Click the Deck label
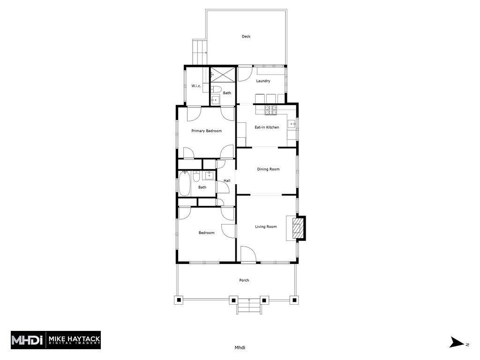tap(246, 37)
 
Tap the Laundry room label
tap(263, 81)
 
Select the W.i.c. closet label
tap(196, 86)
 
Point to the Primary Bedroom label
tap(206, 131)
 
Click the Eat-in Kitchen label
tap(267, 127)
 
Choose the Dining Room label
tap(268, 169)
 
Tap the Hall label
tap(227, 181)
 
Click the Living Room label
tap(266, 227)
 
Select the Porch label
tap(244, 280)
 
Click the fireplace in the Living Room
tap(297, 228)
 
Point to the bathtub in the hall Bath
tap(184, 184)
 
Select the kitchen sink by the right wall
tap(291, 125)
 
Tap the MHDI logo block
tap(56, 340)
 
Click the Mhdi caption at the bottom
tap(240, 348)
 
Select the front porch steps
tap(248, 307)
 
